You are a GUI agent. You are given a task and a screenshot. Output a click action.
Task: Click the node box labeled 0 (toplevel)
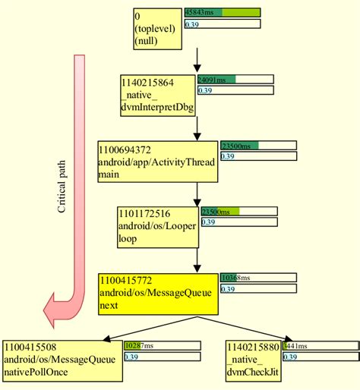(156, 29)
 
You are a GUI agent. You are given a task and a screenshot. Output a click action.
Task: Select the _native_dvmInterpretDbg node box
(157, 95)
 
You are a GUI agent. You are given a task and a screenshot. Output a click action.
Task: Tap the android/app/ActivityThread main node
(157, 160)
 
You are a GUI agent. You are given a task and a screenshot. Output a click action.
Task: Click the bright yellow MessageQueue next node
(157, 294)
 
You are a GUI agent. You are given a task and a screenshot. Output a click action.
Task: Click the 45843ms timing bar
(223, 12)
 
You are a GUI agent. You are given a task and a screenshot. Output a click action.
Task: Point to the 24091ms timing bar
(235, 78)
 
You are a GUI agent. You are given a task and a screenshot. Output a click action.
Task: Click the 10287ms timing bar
(161, 345)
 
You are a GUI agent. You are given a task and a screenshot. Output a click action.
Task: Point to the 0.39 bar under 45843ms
(223, 24)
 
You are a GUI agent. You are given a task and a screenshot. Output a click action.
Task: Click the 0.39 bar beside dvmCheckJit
(319, 357)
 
